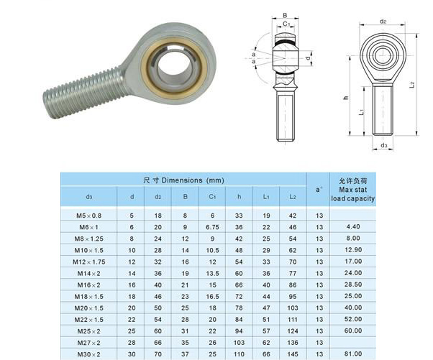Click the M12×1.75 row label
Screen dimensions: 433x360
pos(89,262)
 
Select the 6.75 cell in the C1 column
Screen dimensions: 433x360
pos(212,227)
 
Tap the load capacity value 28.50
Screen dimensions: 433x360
pos(353,285)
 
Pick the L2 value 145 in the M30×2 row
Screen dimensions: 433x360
pos(293,354)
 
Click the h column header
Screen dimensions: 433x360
pos(239,196)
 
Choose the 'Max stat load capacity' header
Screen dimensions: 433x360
pos(352,194)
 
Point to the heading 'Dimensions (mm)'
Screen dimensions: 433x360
pos(193,180)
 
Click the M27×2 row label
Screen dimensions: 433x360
pos(89,343)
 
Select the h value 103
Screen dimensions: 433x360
pos(239,343)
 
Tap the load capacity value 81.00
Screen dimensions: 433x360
pos(353,354)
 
